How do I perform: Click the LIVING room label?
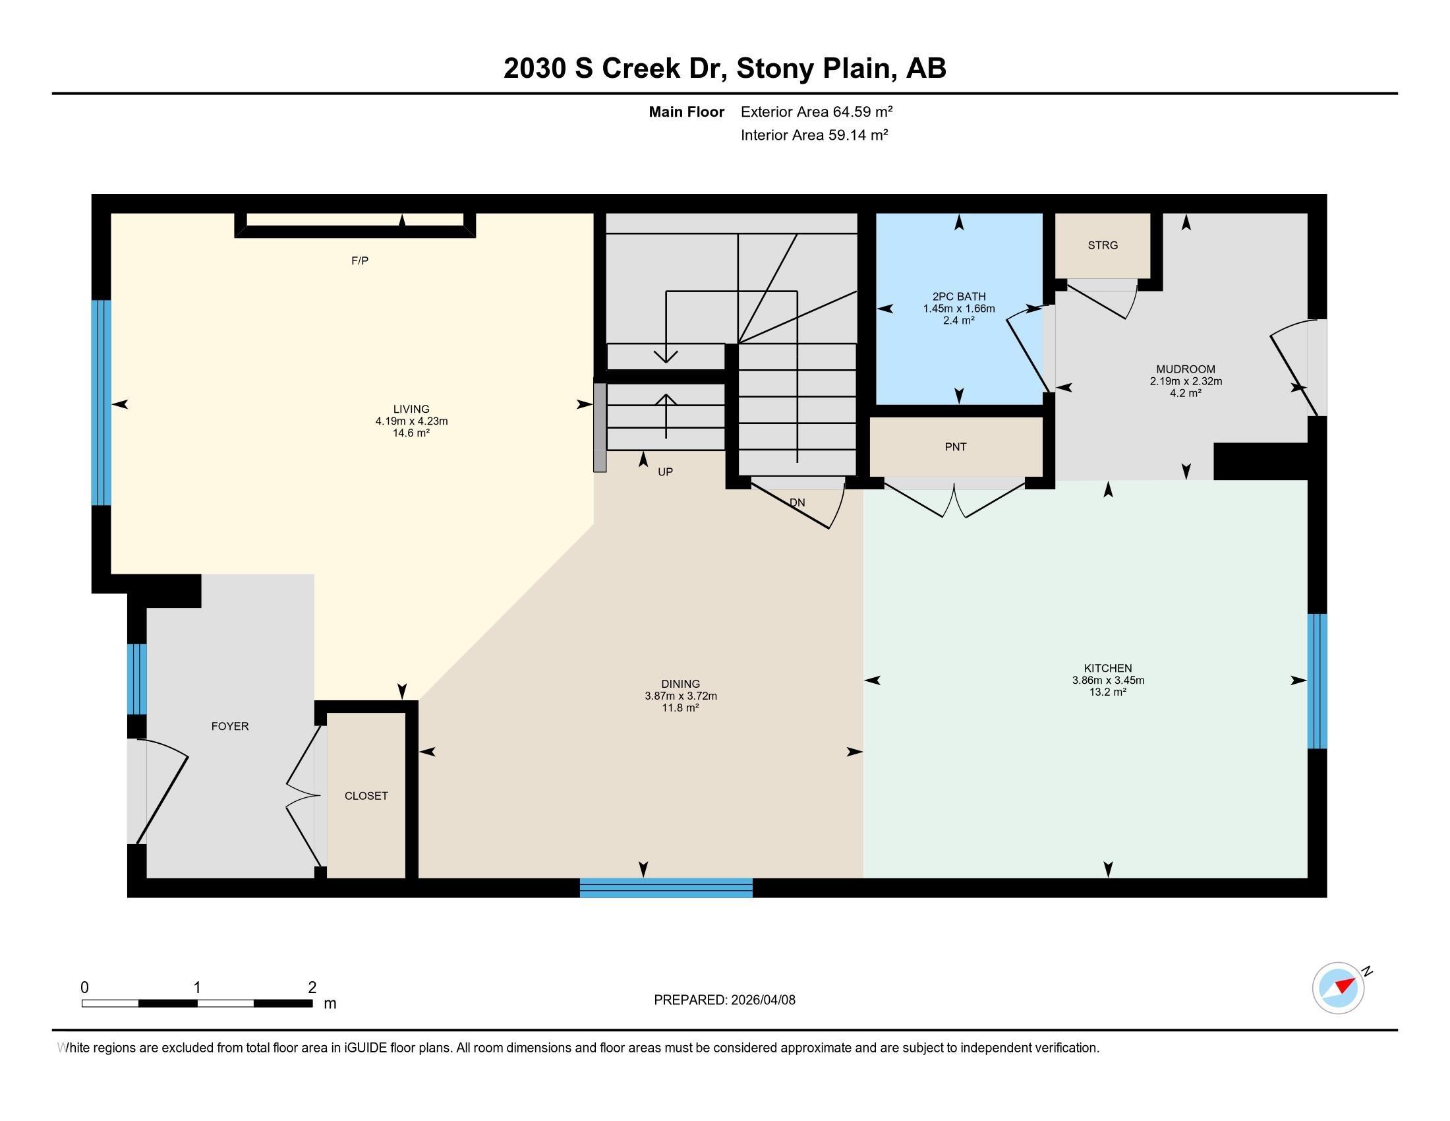[411, 409]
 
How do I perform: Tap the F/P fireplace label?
[360, 261]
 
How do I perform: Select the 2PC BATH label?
[959, 297]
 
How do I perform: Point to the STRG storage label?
[1103, 245]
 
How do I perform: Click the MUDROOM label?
[1186, 369]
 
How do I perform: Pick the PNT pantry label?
[956, 447]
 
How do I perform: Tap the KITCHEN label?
[1108, 668]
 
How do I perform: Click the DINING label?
[681, 684]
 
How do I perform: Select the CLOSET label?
[366, 796]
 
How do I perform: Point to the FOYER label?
[230, 727]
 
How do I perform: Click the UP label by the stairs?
[665, 472]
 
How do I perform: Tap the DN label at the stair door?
[797, 502]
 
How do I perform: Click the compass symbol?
[1339, 988]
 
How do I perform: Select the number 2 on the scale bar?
[312, 988]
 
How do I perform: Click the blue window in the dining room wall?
[666, 888]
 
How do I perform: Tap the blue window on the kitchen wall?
[1318, 681]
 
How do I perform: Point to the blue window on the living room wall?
[101, 402]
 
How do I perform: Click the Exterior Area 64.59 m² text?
[817, 111]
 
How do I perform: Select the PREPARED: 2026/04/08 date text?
[724, 1000]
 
